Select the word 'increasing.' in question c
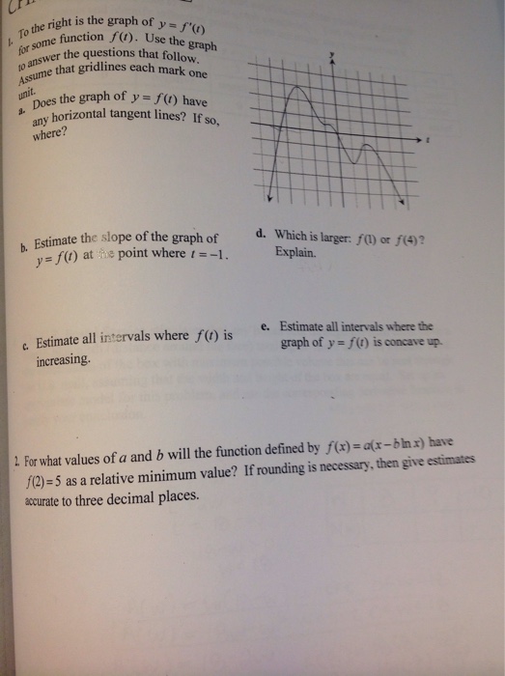coord(65,358)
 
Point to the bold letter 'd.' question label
coord(262,233)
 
